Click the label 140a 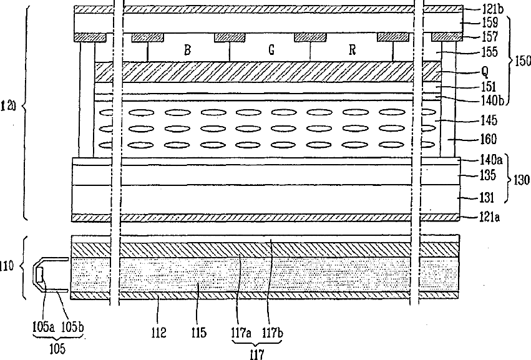point(485,161)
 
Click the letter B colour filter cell point(187,51)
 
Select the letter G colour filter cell point(271,51)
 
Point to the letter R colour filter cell point(352,51)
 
